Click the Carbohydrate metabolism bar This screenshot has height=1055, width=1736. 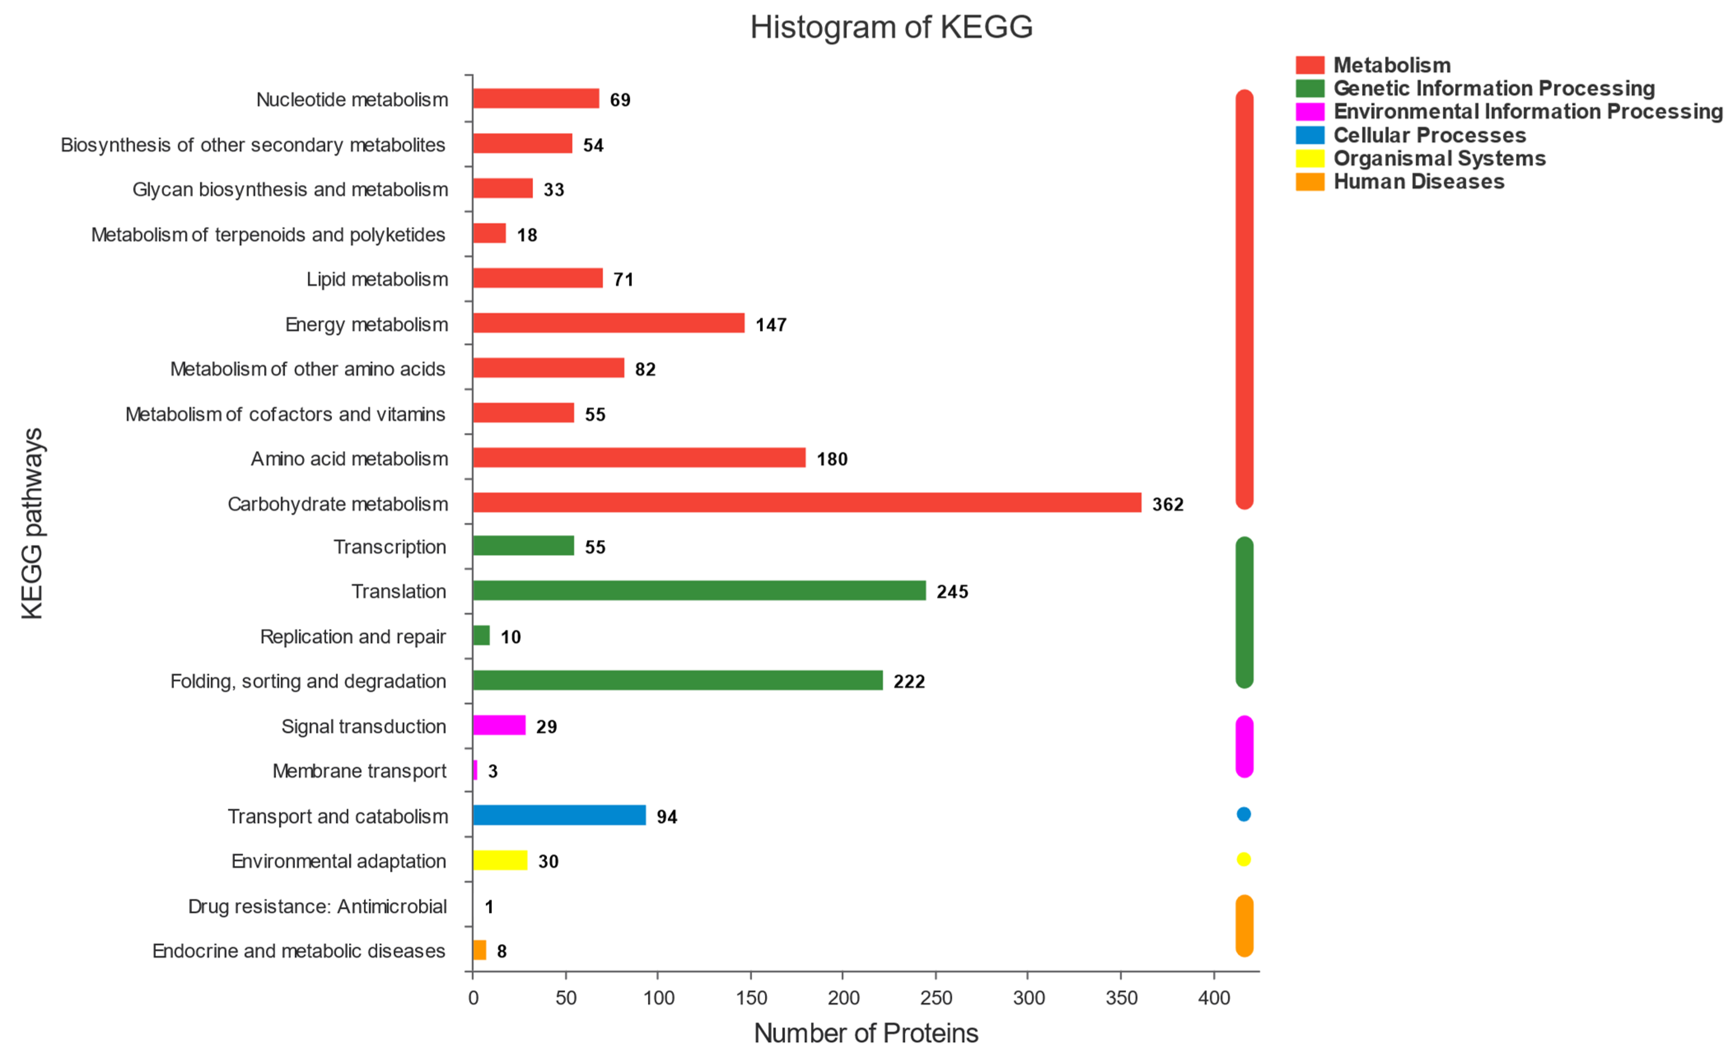pyautogui.click(x=807, y=502)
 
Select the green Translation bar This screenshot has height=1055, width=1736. pyautogui.click(x=699, y=591)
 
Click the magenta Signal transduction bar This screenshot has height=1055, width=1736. pyautogui.click(x=499, y=725)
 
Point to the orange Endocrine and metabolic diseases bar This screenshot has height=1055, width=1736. pyautogui.click(x=479, y=950)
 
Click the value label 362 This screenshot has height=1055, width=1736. pyautogui.click(x=1167, y=504)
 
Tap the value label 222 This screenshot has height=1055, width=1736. pyautogui.click(x=909, y=682)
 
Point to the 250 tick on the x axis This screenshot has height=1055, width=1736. pyautogui.click(x=936, y=997)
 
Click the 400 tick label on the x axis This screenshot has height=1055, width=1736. pyautogui.click(x=1213, y=997)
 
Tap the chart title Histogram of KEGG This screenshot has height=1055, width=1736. pyautogui.click(x=891, y=27)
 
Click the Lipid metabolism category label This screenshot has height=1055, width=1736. pyautogui.click(x=377, y=279)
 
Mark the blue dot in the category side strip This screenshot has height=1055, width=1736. pyautogui.click(x=1244, y=814)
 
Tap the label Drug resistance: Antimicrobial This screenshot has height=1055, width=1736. pyautogui.click(x=317, y=906)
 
